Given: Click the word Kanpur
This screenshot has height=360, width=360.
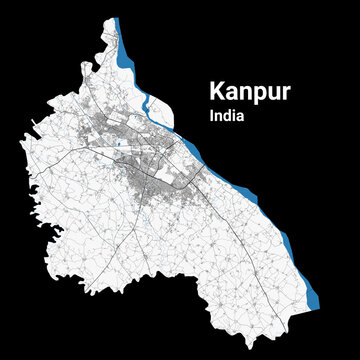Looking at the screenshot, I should pyautogui.click(x=249, y=91).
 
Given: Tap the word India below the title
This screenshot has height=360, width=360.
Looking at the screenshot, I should pyautogui.click(x=228, y=115).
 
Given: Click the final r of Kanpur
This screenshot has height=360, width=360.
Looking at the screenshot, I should pyautogui.click(x=285, y=92).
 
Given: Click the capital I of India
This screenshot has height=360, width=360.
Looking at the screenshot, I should pyautogui.click(x=212, y=115).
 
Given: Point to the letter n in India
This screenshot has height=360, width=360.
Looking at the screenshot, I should pyautogui.click(x=218, y=116).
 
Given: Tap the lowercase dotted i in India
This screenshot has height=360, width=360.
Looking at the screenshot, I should pyautogui.click(x=233, y=115).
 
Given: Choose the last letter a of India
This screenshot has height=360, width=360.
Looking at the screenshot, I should pyautogui.click(x=240, y=116).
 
